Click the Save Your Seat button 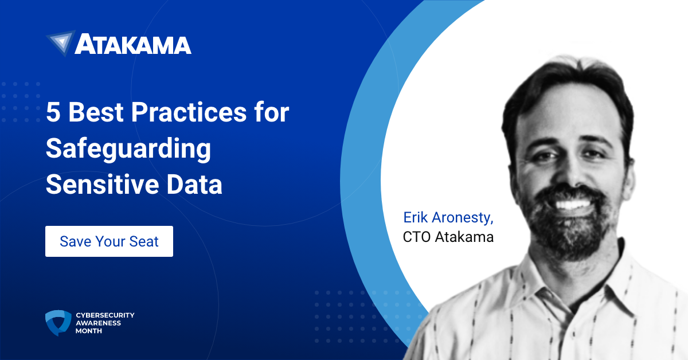coord(109,241)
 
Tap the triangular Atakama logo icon coord(61,42)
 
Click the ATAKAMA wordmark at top coord(133,44)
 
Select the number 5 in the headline coord(53,112)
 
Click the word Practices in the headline coord(189,112)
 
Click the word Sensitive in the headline coord(102,185)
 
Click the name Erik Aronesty coord(448,218)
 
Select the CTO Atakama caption coord(448,237)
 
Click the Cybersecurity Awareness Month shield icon coord(58,323)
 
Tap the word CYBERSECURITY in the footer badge coord(105,315)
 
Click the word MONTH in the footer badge coord(89,331)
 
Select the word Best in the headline coord(96,112)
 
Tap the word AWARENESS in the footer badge coord(98,323)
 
